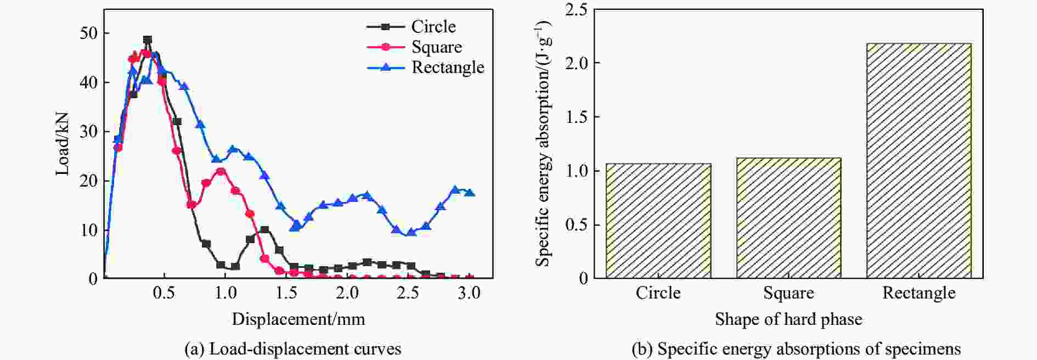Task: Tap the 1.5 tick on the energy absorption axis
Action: pos(576,117)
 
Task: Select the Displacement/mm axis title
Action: pos(298,319)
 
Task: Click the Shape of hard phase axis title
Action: pos(788,319)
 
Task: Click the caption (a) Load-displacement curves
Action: pos(293,349)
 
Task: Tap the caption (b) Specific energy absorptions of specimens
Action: pos(796,349)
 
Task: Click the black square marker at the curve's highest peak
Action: pos(148,40)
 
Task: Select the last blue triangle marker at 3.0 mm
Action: pos(470,192)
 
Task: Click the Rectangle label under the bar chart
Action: pos(918,293)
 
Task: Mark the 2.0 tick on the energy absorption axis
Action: pos(576,63)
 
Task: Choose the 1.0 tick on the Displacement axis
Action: pos(225,293)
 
